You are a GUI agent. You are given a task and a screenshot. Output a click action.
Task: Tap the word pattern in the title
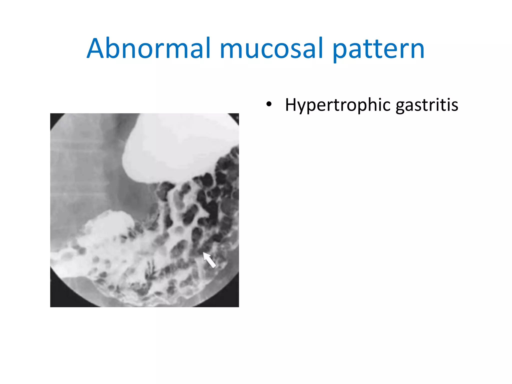click(378, 49)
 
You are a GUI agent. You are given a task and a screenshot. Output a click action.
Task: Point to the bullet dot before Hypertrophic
click(269, 104)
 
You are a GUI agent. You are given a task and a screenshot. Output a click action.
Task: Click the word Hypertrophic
click(338, 105)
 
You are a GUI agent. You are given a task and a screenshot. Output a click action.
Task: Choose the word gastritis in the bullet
click(427, 105)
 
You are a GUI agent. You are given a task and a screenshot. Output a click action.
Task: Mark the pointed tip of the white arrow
click(203, 253)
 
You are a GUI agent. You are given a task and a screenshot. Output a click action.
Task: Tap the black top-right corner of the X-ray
click(236, 116)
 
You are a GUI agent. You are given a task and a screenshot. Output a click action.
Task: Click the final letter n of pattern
click(417, 51)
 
